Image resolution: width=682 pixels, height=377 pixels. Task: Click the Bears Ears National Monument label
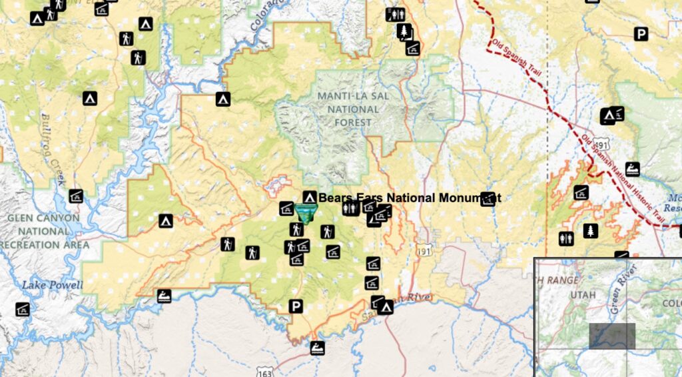click(x=409, y=198)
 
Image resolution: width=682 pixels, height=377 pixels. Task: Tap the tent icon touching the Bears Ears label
click(x=309, y=197)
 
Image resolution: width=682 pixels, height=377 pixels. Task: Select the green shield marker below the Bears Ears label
click(x=306, y=214)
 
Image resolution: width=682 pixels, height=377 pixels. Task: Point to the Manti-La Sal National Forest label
click(x=353, y=109)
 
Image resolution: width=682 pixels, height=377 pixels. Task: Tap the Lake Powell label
click(x=52, y=286)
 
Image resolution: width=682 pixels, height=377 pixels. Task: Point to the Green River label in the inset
click(x=622, y=290)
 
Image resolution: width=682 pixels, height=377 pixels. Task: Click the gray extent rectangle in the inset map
click(x=612, y=336)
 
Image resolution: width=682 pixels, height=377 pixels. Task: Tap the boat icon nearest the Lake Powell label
click(x=165, y=296)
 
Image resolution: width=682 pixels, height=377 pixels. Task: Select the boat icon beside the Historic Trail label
click(x=632, y=169)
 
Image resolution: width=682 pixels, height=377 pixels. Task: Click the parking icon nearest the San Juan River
click(x=295, y=306)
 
